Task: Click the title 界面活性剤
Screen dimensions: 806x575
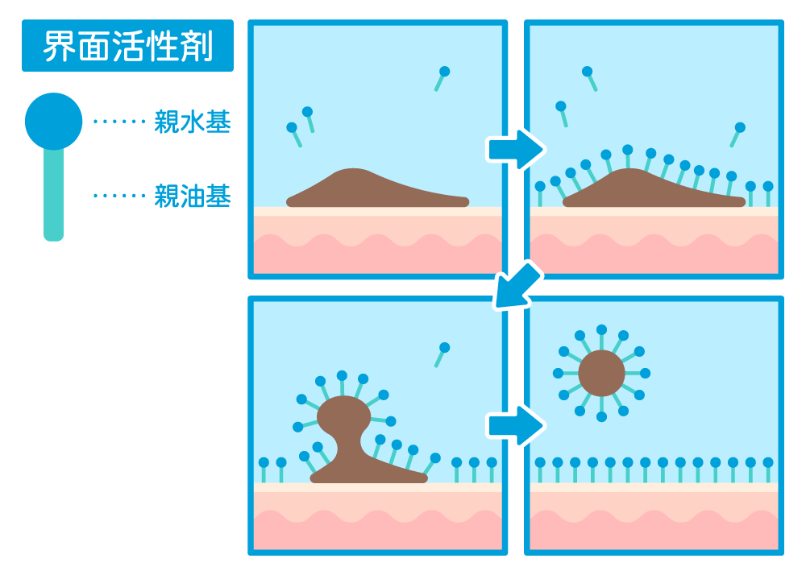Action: [127, 46]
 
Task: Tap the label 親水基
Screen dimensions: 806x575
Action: [193, 122]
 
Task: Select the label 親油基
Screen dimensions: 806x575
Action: [193, 196]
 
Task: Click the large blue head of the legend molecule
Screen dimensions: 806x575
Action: [53, 121]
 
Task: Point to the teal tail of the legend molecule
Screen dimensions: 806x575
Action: [53, 195]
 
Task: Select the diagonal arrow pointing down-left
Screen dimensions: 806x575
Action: [517, 285]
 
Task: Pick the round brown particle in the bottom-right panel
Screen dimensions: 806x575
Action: [601, 373]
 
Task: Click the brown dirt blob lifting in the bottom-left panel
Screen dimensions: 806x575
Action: [359, 441]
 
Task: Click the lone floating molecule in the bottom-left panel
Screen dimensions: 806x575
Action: [442, 355]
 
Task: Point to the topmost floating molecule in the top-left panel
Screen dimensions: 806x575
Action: [442, 79]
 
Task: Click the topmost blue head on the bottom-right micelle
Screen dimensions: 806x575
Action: [601, 329]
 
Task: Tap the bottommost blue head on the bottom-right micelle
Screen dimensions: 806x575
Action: [601, 417]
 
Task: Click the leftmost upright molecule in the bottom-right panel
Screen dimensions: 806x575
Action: [540, 470]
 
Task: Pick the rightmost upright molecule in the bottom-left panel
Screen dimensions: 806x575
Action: [492, 470]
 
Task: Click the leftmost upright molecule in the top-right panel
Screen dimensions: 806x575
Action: [540, 193]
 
